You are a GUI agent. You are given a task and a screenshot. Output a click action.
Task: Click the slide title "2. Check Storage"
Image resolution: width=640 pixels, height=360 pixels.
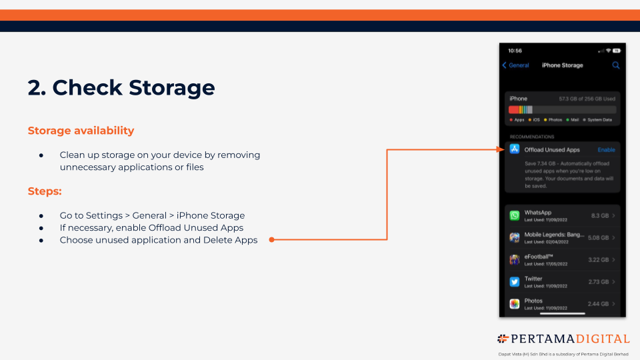tap(121, 87)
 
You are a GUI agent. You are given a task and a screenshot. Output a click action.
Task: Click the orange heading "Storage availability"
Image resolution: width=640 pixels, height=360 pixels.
tap(81, 131)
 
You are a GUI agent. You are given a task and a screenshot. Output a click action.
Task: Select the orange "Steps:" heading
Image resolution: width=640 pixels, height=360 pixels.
tap(45, 191)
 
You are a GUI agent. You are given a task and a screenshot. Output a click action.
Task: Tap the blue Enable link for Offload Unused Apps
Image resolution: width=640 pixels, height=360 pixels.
tap(606, 150)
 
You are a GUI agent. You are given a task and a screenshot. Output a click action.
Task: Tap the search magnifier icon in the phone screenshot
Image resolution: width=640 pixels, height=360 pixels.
tap(616, 65)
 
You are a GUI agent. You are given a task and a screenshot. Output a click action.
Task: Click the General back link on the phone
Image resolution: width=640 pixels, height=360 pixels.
tap(515, 65)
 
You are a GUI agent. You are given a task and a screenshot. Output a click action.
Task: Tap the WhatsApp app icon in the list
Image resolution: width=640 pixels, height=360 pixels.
tap(515, 215)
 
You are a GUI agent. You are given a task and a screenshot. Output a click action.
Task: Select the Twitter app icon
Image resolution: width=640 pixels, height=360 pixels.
tap(515, 281)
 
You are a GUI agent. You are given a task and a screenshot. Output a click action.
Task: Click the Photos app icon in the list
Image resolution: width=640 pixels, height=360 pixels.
tap(515, 303)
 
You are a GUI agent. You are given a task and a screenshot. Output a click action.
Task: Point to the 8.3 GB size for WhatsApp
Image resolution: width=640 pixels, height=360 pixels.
tap(599, 215)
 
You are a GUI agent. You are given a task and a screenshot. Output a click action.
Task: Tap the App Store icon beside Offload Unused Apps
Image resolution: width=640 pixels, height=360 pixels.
tap(515, 150)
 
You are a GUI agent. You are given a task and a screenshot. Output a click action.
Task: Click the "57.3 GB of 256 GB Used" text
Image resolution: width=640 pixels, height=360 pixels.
tap(587, 99)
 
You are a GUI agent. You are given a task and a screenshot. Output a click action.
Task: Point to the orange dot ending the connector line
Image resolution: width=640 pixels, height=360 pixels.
tap(272, 239)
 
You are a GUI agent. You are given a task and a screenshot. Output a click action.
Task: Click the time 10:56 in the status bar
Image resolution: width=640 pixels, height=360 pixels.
tap(515, 51)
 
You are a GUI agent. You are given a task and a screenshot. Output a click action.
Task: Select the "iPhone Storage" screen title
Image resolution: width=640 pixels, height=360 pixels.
tap(562, 65)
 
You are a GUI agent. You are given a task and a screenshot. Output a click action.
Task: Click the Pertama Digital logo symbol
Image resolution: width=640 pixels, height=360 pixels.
tap(503, 339)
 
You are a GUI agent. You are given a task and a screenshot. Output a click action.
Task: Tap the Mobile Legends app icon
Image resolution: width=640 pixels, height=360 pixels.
tap(515, 237)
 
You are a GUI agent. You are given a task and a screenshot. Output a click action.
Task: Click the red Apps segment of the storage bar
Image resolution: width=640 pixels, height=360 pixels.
tap(513, 109)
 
